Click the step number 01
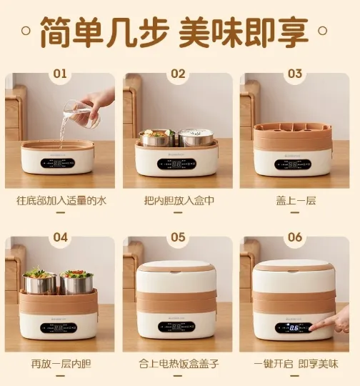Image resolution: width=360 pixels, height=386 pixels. [x=60, y=74]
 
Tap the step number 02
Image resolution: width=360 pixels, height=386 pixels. [x=178, y=74]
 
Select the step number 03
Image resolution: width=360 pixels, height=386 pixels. [x=295, y=74]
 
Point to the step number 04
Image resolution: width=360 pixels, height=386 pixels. [x=60, y=237]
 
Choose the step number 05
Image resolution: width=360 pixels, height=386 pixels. [x=178, y=237]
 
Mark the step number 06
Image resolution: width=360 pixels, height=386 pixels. [x=295, y=237]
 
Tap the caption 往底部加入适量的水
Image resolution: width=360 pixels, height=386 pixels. [x=61, y=201]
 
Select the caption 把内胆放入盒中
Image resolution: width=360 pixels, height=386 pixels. [x=179, y=201]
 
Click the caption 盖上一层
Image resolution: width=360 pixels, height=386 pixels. [x=296, y=201]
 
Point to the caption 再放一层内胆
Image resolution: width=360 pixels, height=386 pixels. [x=61, y=364]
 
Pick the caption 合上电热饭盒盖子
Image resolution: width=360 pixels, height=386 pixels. [x=179, y=364]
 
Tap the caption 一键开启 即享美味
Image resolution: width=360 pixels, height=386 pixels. [x=296, y=364]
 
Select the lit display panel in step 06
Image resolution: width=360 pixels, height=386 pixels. [x=294, y=328]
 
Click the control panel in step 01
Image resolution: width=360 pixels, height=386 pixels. [x=58, y=163]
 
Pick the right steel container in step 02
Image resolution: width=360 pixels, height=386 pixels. [x=196, y=137]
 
